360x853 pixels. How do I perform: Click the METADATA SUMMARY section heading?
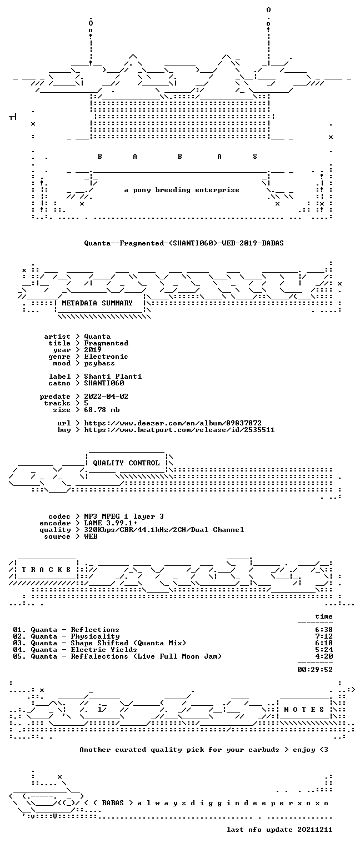[x=97, y=303]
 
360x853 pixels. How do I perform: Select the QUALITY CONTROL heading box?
[x=126, y=463]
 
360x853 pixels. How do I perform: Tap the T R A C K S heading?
[x=47, y=570]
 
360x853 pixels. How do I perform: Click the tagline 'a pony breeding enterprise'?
[x=182, y=190]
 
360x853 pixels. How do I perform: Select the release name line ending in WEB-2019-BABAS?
[x=184, y=243]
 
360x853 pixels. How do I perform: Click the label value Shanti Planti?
[x=113, y=377]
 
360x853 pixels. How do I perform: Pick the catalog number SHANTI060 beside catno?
[x=104, y=383]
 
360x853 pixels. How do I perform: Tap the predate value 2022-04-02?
[x=106, y=397]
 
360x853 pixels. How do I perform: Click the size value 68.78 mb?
[x=102, y=410]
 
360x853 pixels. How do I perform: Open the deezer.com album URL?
[x=173, y=423]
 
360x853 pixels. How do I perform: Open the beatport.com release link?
[x=179, y=430]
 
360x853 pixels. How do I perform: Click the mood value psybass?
[x=99, y=363]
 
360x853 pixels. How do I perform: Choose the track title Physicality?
[x=95, y=636]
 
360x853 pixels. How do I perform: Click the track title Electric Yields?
[x=104, y=650]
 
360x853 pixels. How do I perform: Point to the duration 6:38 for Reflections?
[x=324, y=630]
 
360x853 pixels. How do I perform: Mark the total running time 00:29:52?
[x=315, y=669]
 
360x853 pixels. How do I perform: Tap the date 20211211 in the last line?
[x=315, y=830]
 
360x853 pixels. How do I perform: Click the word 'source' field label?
[x=57, y=536]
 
